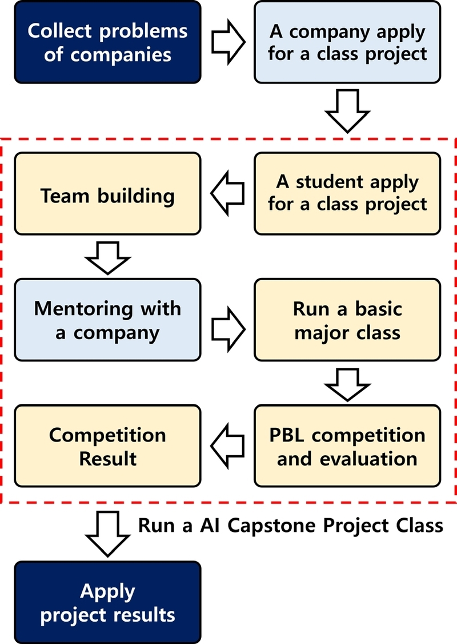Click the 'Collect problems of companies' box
[108, 43]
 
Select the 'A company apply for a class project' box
[347, 43]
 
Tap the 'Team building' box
[108, 194]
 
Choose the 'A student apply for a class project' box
[347, 193]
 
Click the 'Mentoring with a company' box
[108, 320]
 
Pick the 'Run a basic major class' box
[347, 320]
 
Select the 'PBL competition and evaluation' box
[347, 446]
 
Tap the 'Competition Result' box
[108, 446]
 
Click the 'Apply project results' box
[108, 602]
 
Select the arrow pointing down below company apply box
[347, 110]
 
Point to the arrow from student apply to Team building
[227, 194]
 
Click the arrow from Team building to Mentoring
[108, 257]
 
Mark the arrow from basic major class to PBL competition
[347, 383]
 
